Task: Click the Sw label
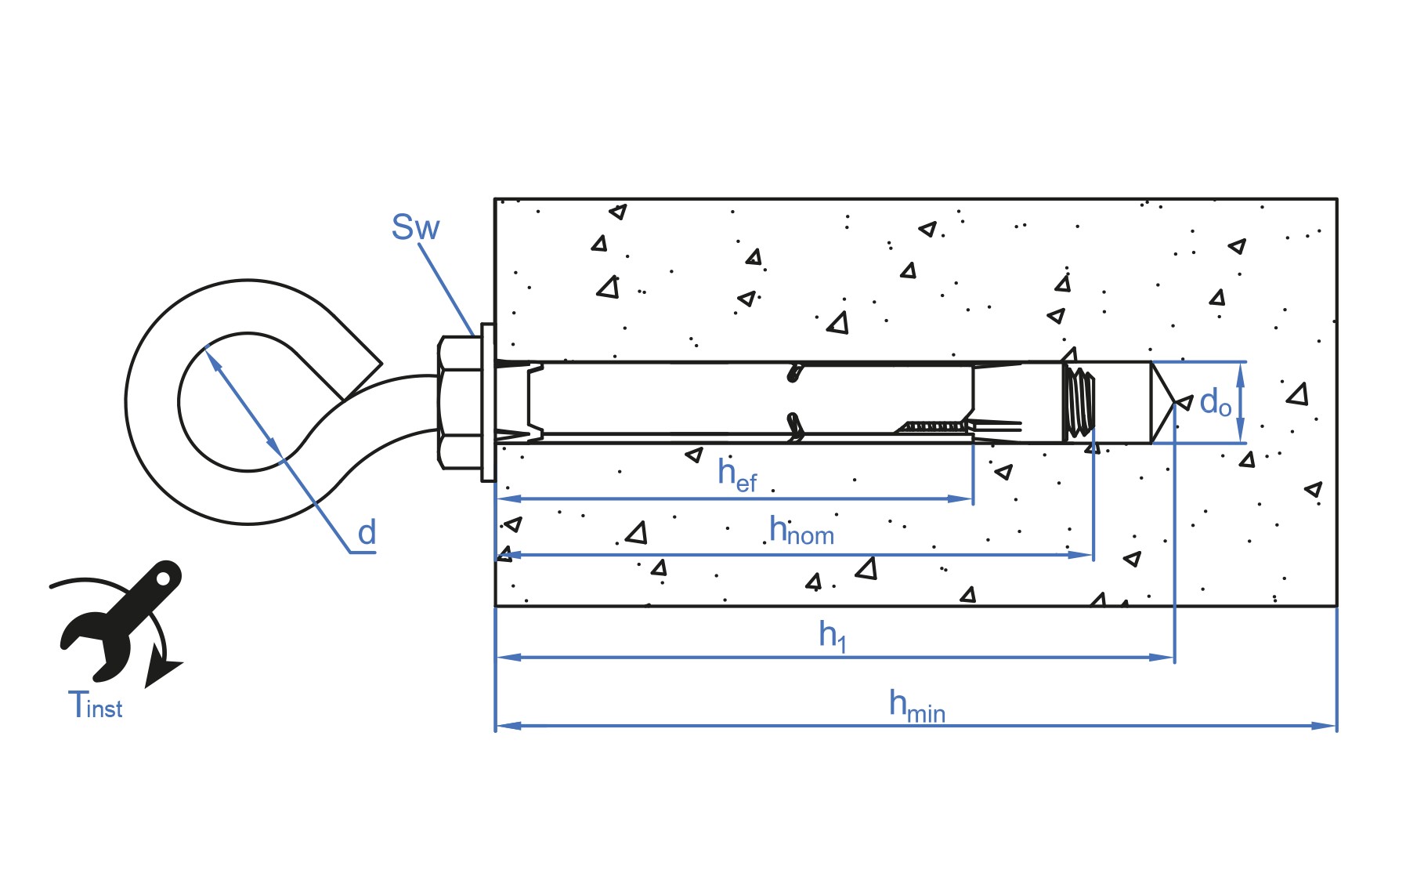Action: tap(415, 227)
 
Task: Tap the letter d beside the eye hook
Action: tap(367, 533)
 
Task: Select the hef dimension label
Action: tap(737, 475)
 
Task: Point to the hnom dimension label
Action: tap(801, 530)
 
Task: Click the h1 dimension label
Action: tap(832, 636)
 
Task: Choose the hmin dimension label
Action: tap(916, 705)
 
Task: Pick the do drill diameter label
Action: tap(1215, 402)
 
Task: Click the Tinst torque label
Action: tap(95, 704)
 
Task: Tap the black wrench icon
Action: tap(121, 618)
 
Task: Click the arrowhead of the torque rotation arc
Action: tap(162, 672)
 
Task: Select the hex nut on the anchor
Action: tap(460, 403)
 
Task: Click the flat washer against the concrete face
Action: tap(488, 402)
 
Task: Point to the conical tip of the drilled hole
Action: tap(1162, 403)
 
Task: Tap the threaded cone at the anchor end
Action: tap(1079, 402)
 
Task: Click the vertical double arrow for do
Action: tap(1240, 403)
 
